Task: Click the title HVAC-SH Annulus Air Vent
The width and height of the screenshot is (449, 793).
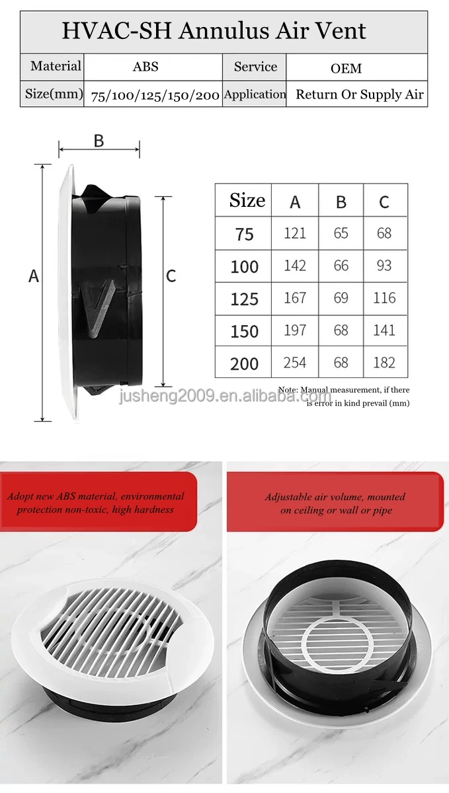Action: coord(214,31)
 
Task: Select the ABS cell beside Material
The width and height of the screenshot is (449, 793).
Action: coord(145,67)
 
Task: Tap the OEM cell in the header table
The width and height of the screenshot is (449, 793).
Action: coord(346,68)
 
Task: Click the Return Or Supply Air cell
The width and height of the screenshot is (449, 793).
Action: coord(359,94)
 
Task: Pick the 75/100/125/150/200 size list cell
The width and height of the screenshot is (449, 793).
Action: coord(155,95)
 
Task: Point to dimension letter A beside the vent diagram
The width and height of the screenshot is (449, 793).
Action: coord(34,276)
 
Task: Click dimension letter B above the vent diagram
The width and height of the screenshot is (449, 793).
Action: coord(99,141)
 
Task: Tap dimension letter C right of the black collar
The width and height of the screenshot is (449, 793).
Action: coord(171,276)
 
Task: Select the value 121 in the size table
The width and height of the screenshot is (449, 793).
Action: coord(295,233)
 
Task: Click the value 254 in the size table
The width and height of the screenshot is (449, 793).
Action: coord(295,362)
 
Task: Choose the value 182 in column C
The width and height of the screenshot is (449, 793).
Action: coord(384,362)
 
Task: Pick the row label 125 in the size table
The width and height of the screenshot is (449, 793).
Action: coord(244,299)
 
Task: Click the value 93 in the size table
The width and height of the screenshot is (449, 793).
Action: coord(384,266)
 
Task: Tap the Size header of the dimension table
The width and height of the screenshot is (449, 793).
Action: coord(247,200)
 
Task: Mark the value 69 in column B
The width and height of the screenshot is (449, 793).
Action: coord(341,298)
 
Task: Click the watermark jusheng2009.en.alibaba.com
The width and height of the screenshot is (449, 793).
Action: coord(225,397)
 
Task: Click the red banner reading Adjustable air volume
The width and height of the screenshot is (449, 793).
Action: coord(335,503)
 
